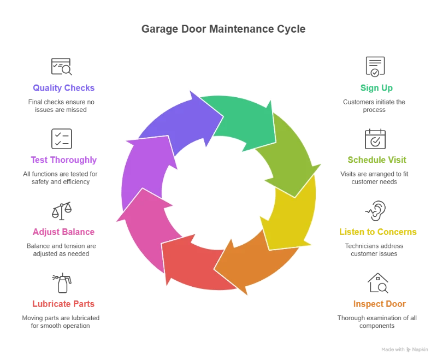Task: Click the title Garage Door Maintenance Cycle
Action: (x=222, y=29)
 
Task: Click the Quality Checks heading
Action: (x=64, y=87)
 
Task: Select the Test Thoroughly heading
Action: (x=63, y=160)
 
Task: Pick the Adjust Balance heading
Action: (x=63, y=232)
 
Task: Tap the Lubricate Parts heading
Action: (x=63, y=303)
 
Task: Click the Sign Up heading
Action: (x=376, y=87)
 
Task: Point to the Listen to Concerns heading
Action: (x=377, y=232)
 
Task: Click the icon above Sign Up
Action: (x=376, y=67)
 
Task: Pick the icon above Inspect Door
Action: (x=377, y=282)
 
